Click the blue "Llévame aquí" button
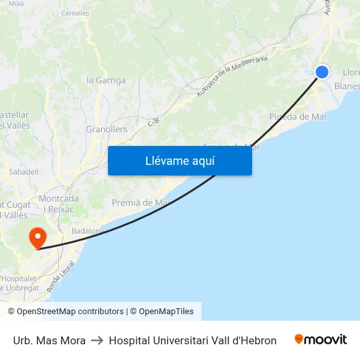point(179,160)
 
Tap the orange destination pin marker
point(37,237)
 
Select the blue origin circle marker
point(321,72)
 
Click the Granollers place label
point(107,130)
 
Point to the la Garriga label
point(106,81)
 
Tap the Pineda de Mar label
point(298,117)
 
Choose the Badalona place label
point(88,230)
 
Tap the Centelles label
point(75,13)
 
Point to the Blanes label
point(346,86)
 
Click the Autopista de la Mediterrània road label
point(232,77)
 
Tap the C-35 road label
point(153,121)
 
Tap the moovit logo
point(321,340)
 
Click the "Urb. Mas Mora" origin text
point(49,340)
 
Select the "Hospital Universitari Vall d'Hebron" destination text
point(192,340)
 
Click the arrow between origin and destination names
point(97,340)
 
